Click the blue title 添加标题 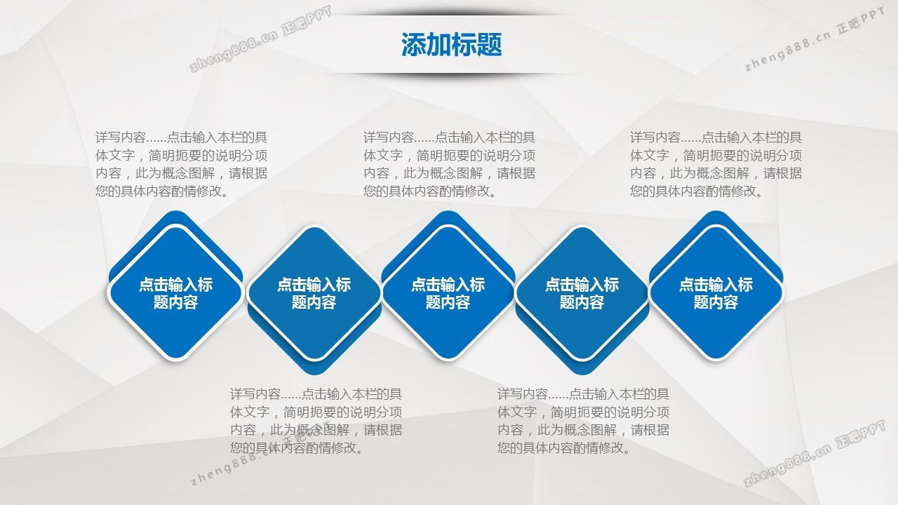pos(451,44)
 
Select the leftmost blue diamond pos(175,292)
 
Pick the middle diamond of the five pos(448,292)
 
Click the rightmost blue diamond pos(716,292)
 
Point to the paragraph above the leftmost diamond pos(181,164)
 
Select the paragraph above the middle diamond pos(449,164)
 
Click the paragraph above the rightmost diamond pos(716,164)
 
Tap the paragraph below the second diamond pos(316,421)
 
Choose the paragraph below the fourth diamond pos(583,421)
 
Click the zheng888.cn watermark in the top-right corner pos(814,39)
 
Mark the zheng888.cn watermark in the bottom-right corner pos(814,454)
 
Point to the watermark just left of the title pos(260,39)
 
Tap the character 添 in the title pos(414,44)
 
